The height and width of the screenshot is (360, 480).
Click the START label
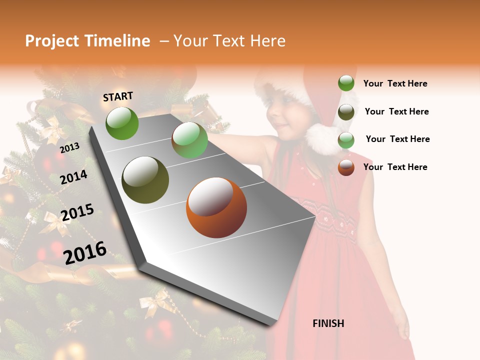pos(118,96)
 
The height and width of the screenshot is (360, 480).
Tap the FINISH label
pos(328,323)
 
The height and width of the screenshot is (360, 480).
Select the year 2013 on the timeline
pos(70,147)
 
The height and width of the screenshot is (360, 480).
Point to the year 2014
pos(74,177)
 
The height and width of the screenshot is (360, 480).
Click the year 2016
pos(85,252)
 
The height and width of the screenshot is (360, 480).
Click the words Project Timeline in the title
pos(87,41)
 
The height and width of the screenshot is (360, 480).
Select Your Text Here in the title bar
pos(229,41)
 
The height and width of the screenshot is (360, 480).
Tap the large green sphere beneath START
pos(122,123)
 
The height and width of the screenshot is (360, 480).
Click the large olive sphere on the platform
pos(145,180)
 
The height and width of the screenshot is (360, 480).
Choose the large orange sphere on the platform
pos(216,207)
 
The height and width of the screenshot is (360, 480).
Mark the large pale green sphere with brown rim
pos(189,140)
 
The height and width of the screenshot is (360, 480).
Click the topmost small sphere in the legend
pos(346,83)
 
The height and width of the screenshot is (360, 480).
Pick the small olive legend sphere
pos(346,112)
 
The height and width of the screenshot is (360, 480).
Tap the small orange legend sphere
pos(346,167)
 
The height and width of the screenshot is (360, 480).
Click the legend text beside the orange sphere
pos(395,167)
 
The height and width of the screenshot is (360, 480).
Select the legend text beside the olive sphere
pos(396,111)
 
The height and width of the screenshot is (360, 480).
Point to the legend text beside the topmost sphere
pos(395,83)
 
